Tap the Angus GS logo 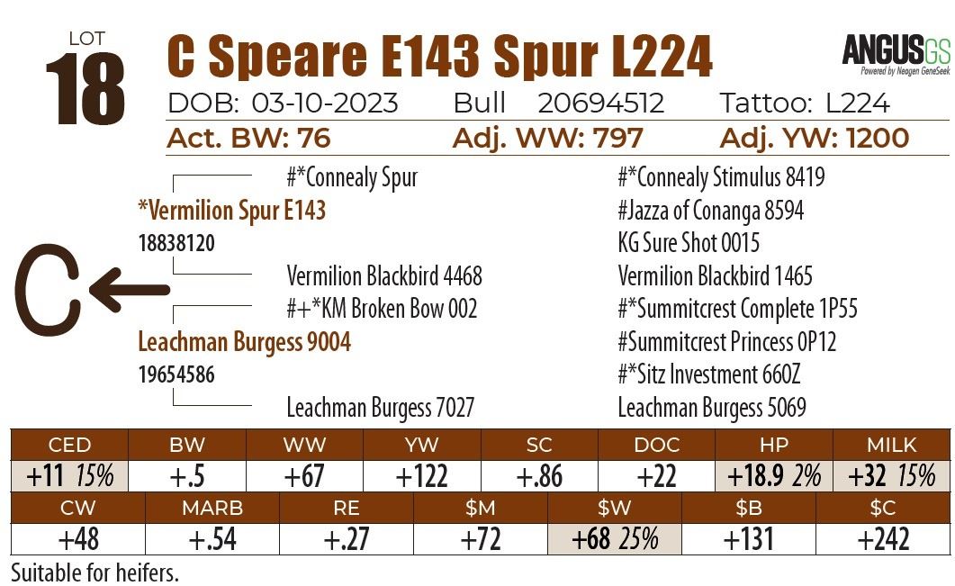(x=896, y=51)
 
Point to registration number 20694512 (x=600, y=104)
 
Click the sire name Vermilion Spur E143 (x=231, y=211)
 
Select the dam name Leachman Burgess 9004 (x=244, y=342)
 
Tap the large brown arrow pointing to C (x=129, y=290)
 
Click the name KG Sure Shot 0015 (x=689, y=243)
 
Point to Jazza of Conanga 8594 (x=710, y=211)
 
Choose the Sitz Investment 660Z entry (x=708, y=374)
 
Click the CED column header (x=69, y=445)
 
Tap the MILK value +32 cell (x=891, y=475)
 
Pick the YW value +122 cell (x=422, y=475)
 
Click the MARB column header (x=212, y=509)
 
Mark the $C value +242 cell (x=883, y=539)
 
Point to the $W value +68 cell (x=615, y=539)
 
